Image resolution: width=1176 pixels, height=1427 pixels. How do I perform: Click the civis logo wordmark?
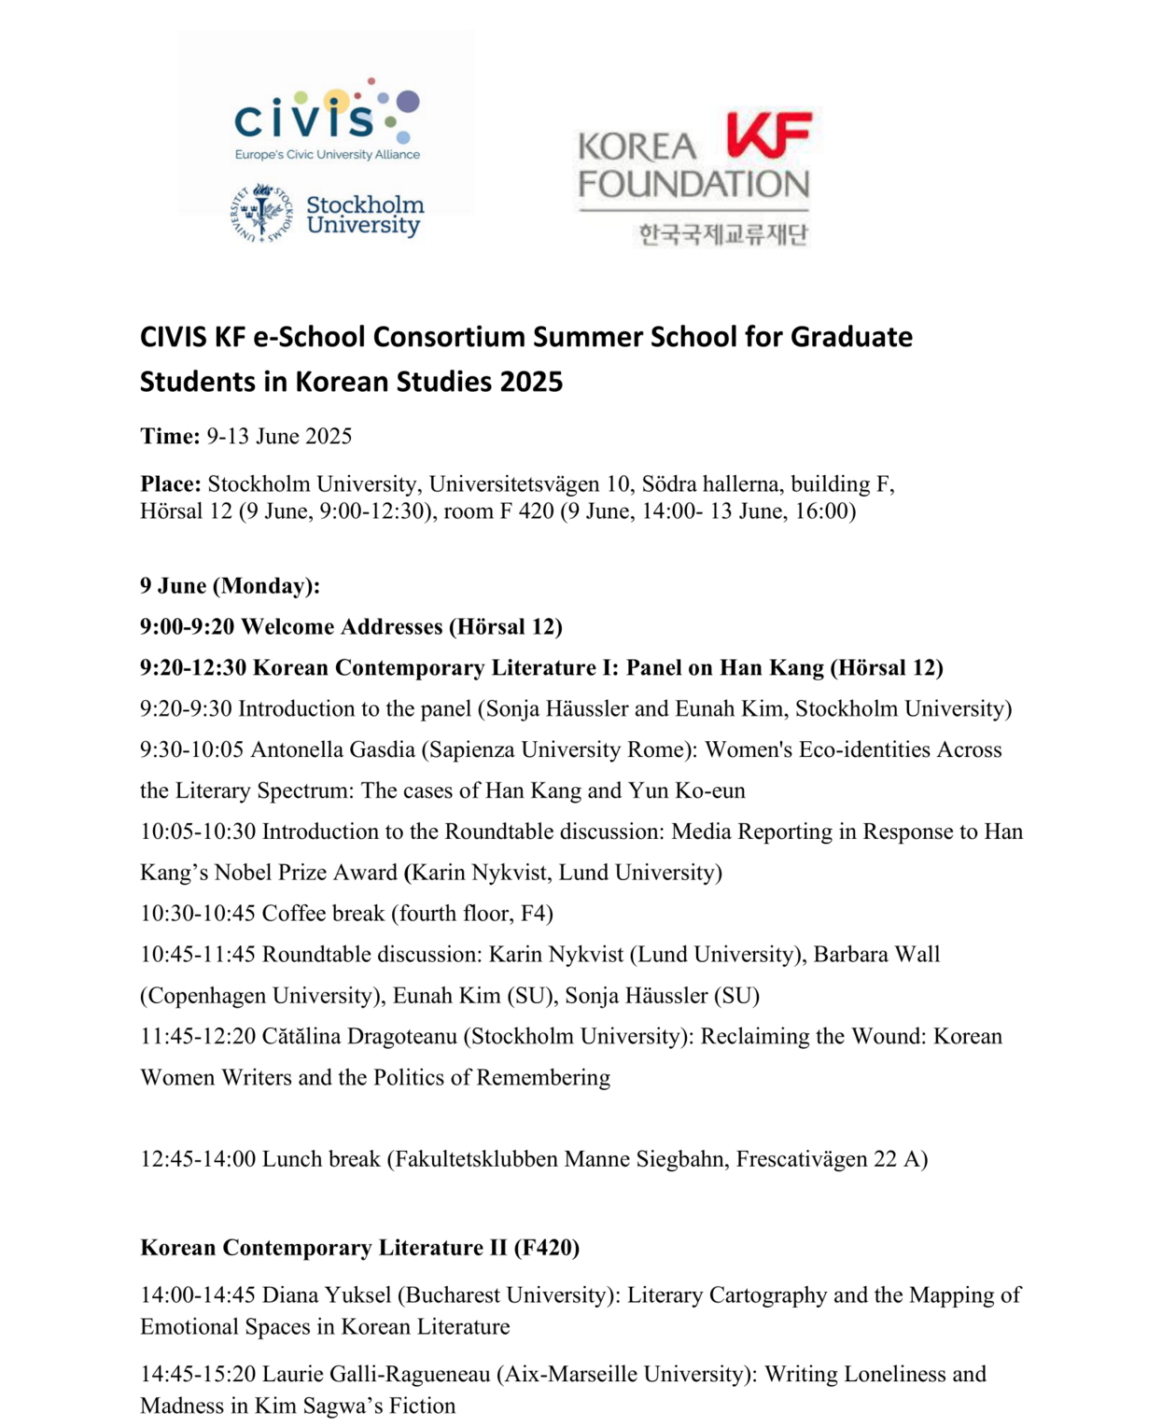pos(304,119)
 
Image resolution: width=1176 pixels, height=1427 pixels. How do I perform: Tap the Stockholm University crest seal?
pos(262,213)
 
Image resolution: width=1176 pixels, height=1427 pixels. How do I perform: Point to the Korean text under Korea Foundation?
pos(722,234)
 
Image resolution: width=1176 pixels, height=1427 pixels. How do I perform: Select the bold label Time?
pos(170,436)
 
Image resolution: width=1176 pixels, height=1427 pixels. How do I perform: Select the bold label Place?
pos(171,483)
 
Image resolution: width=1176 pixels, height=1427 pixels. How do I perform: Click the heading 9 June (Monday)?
pos(230,586)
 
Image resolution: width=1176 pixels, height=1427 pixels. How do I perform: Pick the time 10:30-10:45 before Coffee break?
pos(198,913)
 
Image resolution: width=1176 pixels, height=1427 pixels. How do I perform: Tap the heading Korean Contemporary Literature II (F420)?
pos(359,1248)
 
